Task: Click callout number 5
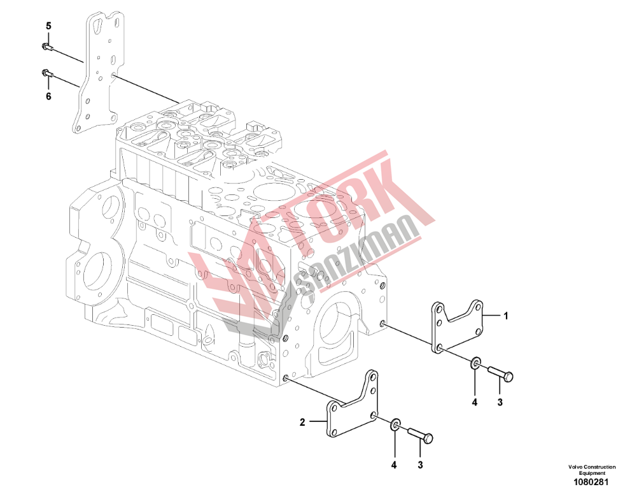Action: pyautogui.click(x=48, y=26)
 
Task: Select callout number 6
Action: pyautogui.click(x=48, y=96)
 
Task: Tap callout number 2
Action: pyautogui.click(x=302, y=422)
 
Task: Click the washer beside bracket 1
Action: pyautogui.click(x=475, y=363)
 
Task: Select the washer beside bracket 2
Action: pyautogui.click(x=395, y=425)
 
